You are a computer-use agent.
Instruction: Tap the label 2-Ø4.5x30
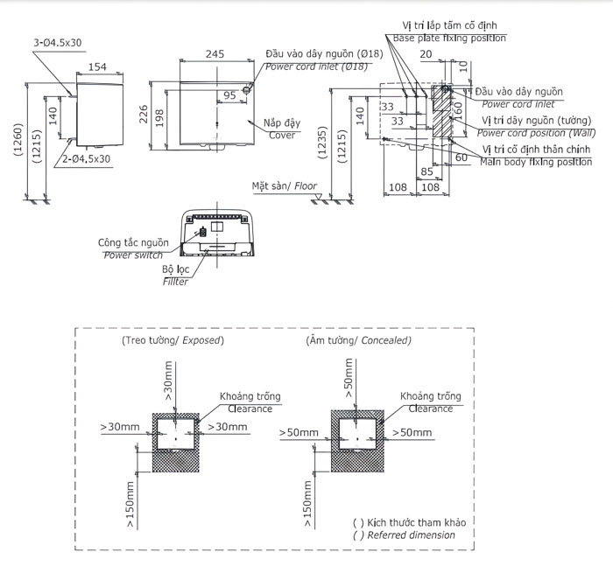[87, 159]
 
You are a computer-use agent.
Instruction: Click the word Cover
[282, 136]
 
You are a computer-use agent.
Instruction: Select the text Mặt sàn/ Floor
[284, 186]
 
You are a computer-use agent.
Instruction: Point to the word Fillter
[174, 282]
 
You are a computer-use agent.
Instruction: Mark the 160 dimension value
[456, 112]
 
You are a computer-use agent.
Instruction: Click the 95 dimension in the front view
[229, 94]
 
